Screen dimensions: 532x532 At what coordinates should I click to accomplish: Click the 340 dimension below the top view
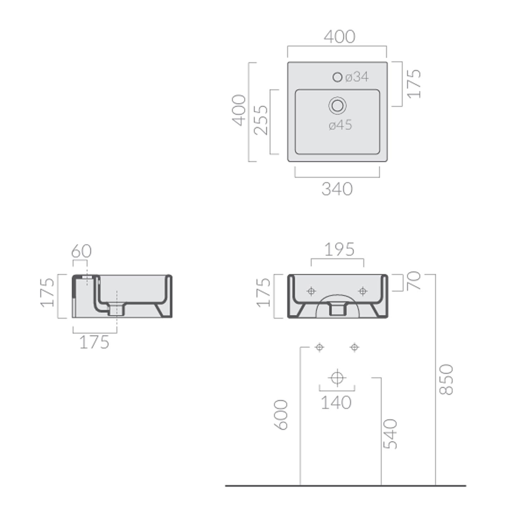click(337, 189)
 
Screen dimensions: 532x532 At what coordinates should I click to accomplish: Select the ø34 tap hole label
click(357, 77)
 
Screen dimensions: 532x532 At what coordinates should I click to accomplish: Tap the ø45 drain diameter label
click(340, 125)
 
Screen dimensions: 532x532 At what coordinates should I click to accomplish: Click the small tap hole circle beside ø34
click(337, 77)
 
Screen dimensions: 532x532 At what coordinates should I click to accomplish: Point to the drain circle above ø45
click(337, 106)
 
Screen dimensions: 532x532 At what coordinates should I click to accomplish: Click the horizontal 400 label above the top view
click(339, 37)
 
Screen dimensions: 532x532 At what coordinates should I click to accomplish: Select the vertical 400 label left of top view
click(239, 110)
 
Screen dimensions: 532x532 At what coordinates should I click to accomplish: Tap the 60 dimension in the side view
click(81, 251)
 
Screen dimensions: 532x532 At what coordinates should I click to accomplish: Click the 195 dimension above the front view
click(339, 250)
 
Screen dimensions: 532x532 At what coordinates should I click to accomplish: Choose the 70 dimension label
click(414, 281)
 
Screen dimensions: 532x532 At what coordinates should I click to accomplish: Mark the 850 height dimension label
click(446, 379)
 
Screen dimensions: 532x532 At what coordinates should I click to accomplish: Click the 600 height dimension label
click(281, 415)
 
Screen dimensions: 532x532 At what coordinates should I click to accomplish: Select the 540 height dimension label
click(390, 434)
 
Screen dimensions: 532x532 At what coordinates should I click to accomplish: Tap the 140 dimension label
click(336, 403)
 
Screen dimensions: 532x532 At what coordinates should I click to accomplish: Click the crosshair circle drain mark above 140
click(337, 377)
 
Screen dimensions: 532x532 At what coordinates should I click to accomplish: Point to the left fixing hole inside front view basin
click(311, 291)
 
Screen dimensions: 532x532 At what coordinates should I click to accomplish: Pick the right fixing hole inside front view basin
click(362, 291)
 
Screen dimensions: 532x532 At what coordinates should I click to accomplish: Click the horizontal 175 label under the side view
click(94, 343)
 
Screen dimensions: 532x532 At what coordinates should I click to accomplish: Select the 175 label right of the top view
click(414, 84)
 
